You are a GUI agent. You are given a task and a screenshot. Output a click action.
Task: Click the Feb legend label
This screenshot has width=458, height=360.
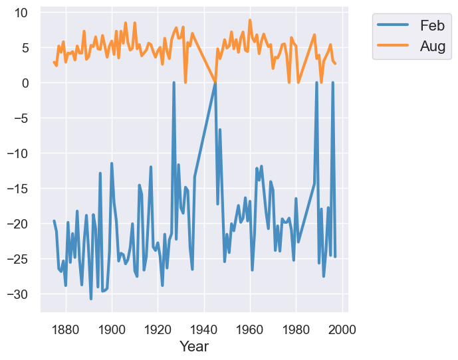coord(432,25)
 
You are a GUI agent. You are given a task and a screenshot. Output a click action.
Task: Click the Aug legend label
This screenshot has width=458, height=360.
coord(432,46)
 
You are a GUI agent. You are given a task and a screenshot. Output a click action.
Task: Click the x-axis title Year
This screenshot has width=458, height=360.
coord(194,346)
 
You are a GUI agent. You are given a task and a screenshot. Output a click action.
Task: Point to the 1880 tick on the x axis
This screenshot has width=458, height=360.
coord(65,327)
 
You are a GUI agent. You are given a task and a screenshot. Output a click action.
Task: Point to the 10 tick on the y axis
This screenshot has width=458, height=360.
coord(23,13)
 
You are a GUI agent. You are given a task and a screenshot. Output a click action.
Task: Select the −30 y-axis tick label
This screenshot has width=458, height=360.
coord(20,294)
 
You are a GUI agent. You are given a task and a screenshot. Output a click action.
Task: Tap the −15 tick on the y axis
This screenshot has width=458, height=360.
coord(20,189)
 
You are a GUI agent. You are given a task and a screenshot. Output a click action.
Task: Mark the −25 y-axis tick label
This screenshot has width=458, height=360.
coord(20,258)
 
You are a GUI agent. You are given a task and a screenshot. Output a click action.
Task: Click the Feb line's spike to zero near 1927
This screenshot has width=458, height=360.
coord(174,83)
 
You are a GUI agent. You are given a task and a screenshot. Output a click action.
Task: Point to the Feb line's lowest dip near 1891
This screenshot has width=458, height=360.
coord(91,299)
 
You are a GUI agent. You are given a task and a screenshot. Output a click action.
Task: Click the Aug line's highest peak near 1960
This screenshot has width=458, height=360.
coord(250,20)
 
